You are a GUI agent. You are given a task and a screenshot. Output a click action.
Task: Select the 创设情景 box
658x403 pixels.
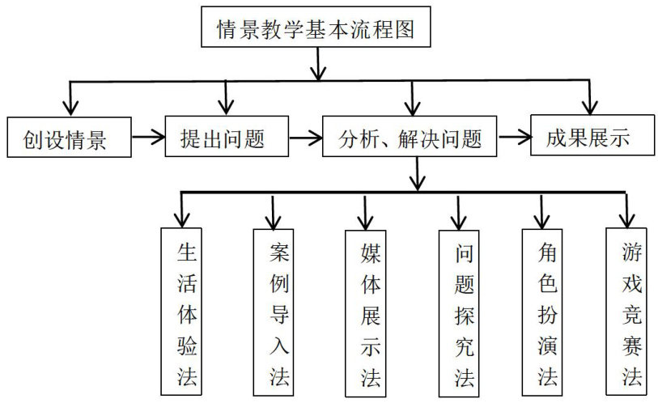click(68, 139)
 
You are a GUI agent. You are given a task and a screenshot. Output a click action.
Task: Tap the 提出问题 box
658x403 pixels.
click(226, 138)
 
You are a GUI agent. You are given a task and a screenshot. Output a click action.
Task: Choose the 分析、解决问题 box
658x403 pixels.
click(410, 138)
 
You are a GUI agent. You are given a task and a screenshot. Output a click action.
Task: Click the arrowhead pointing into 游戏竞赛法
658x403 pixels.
click(626, 218)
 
